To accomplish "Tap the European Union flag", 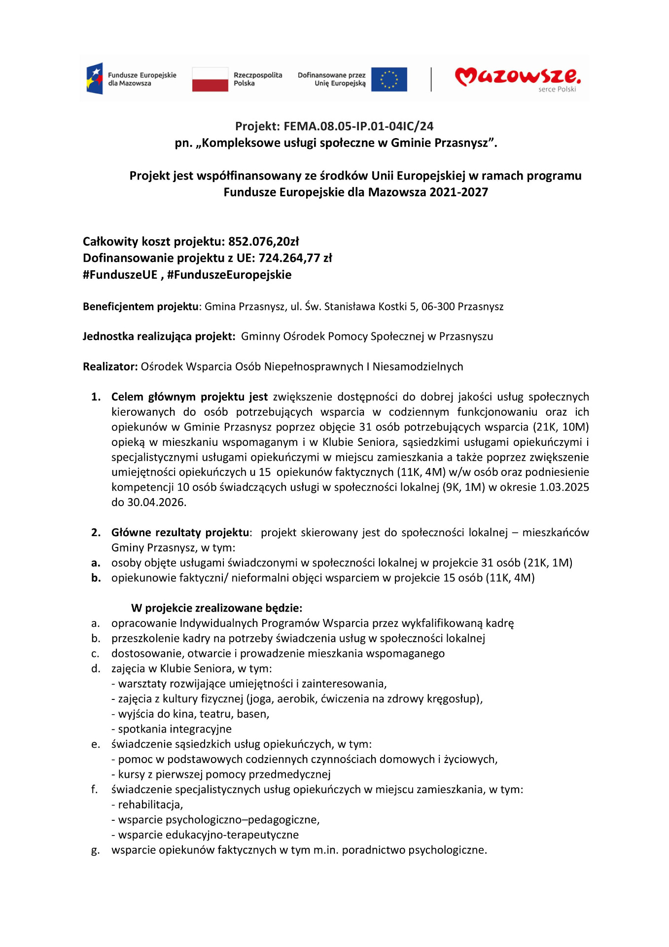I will [389, 79].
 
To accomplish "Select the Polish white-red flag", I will [210, 79].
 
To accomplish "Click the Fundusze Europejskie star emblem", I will [95, 78].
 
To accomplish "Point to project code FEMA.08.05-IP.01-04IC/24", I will [358, 126].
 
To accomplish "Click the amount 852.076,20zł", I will [263, 242].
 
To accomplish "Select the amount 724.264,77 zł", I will [295, 258].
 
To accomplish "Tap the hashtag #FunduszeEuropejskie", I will [229, 275].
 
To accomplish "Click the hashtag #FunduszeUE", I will [120, 275].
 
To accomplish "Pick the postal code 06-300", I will [438, 307].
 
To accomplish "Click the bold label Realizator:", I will [110, 366].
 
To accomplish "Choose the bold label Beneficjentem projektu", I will [141, 307].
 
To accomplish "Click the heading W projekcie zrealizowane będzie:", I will [216, 608].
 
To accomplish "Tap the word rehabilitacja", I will [150, 804].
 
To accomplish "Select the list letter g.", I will [95, 850].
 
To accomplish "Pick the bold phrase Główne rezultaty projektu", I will [180, 533].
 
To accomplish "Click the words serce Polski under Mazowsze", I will [557, 89].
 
